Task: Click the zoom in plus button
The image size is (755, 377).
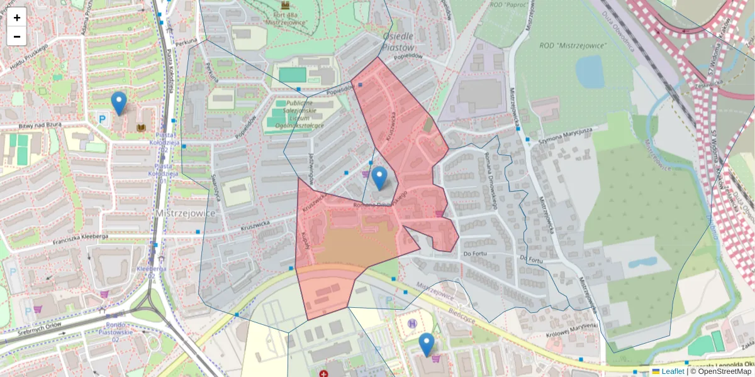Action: pos(17,18)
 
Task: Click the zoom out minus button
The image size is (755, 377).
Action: pos(17,36)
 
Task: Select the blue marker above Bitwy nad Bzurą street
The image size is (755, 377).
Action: pos(118,103)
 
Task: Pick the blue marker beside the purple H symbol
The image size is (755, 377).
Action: pos(427,344)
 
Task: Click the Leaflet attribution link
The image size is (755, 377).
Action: pos(672,371)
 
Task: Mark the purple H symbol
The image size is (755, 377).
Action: pos(412,324)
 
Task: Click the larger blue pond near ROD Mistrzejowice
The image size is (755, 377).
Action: pos(590,71)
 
